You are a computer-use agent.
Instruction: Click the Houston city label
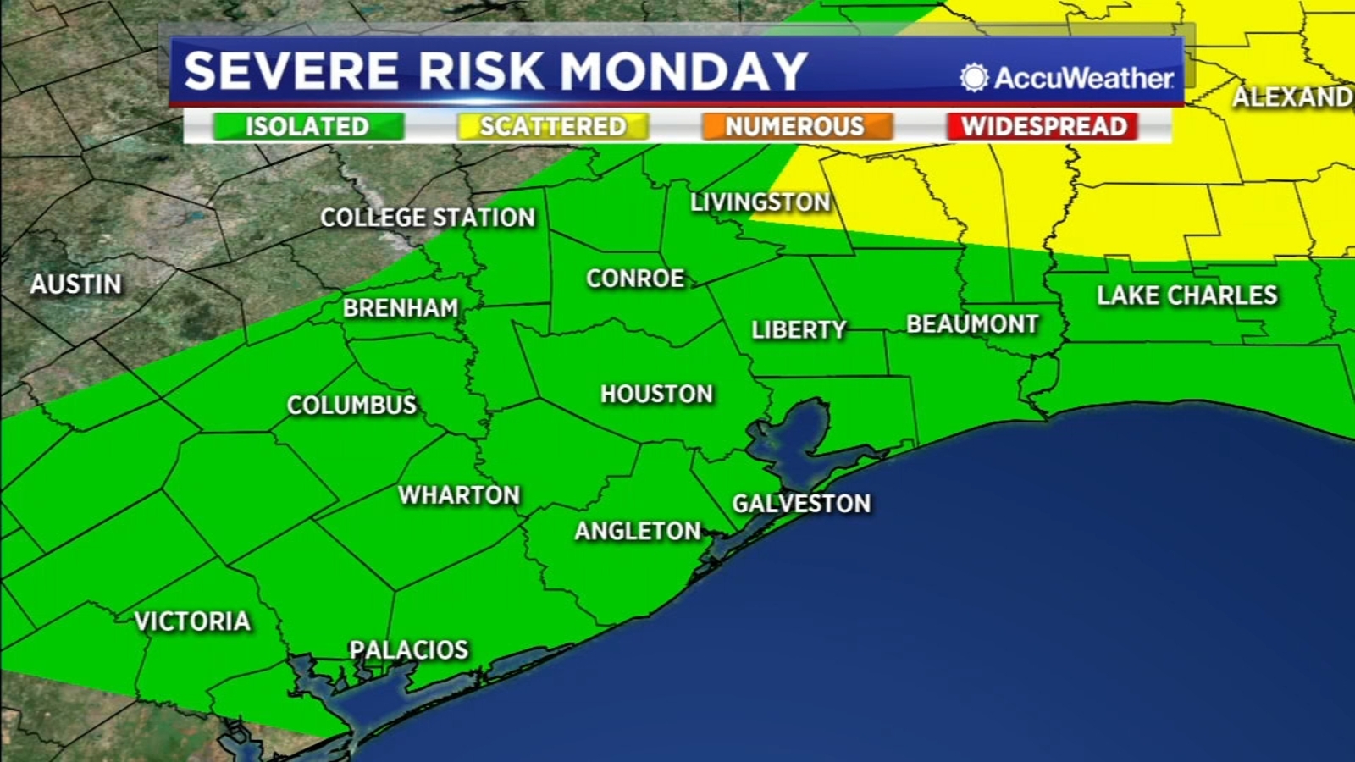(x=656, y=394)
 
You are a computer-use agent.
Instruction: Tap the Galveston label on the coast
(x=801, y=504)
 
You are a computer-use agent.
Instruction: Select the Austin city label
(x=76, y=284)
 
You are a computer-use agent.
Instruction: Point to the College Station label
(x=428, y=218)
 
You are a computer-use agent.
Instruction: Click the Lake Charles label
(x=1186, y=295)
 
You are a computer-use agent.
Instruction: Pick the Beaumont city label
(x=972, y=324)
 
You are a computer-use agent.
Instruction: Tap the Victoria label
(x=193, y=621)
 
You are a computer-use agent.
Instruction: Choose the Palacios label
(x=409, y=650)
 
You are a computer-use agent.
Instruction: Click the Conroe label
(x=635, y=279)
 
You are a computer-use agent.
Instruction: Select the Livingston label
(x=760, y=202)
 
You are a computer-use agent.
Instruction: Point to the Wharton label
(x=459, y=495)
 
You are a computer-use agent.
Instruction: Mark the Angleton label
(x=638, y=531)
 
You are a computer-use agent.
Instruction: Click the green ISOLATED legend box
(x=307, y=127)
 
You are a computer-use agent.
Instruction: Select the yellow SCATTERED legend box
(x=552, y=127)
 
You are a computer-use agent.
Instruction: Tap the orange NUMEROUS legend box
(x=796, y=127)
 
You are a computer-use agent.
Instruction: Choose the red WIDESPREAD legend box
(x=1043, y=127)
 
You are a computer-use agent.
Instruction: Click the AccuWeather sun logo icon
(x=974, y=78)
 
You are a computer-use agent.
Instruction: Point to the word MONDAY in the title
(x=683, y=71)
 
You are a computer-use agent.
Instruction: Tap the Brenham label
(x=401, y=308)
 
